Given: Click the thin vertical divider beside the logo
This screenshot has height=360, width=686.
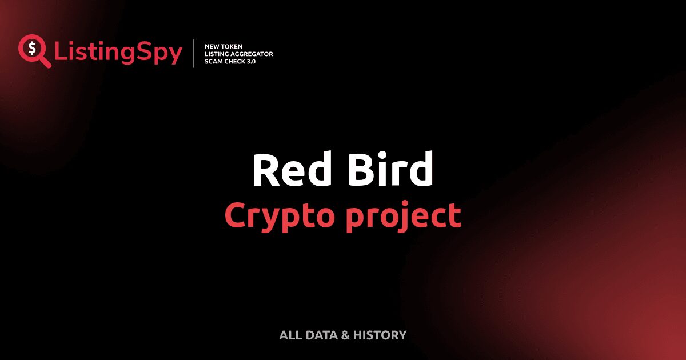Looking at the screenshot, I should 194,54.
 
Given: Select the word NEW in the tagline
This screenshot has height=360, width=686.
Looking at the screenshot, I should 212,46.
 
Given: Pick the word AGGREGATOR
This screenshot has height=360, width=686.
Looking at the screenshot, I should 253,54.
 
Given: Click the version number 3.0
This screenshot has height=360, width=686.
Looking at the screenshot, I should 252,62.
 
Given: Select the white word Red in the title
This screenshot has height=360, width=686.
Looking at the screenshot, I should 291,171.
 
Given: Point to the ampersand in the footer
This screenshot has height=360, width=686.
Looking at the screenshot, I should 345,335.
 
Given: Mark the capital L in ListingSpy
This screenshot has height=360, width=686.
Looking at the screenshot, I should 60,51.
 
